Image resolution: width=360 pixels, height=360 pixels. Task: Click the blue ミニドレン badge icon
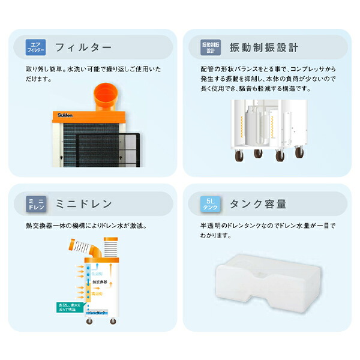35,204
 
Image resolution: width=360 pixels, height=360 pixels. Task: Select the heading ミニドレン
83,204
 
